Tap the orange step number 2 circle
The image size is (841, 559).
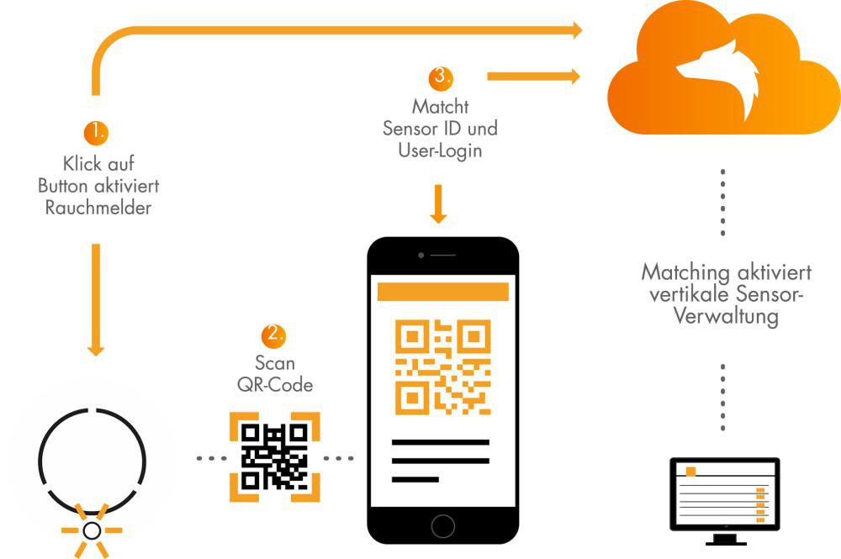(x=272, y=335)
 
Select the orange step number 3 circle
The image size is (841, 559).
(x=440, y=77)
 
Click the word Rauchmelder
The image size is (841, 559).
(x=98, y=207)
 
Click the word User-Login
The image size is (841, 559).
(x=440, y=151)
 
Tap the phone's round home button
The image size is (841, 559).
(x=442, y=525)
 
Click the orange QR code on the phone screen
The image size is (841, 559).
(x=442, y=367)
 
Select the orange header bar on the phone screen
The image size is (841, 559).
(x=442, y=292)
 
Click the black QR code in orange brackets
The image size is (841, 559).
(x=273, y=456)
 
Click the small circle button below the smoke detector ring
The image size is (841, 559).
(x=92, y=530)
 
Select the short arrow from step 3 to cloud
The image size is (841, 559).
(x=534, y=76)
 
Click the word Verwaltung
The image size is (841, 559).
(x=724, y=317)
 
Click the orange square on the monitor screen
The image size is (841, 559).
(x=691, y=472)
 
